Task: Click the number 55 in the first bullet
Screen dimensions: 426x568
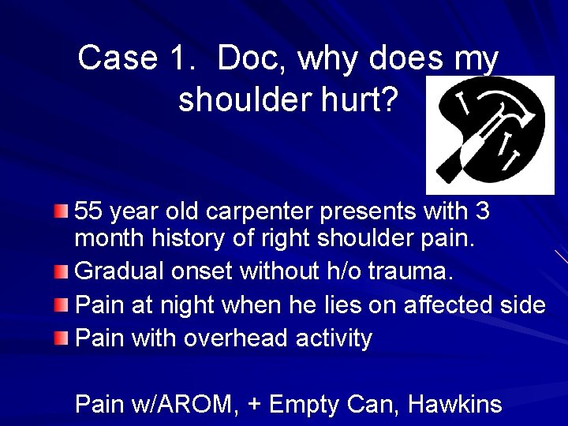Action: tap(88, 211)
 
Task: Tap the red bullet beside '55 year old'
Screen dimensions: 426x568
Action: tap(62, 211)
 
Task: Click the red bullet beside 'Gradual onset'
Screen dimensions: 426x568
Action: tap(62, 272)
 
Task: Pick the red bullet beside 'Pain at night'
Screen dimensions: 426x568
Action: tap(62, 304)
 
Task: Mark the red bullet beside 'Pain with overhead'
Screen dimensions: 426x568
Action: tap(62, 339)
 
